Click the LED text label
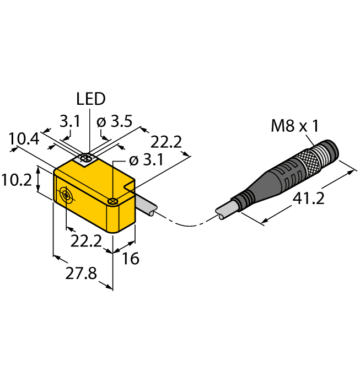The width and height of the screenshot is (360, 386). [x=90, y=99]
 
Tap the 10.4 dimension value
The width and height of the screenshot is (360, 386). [x=24, y=140]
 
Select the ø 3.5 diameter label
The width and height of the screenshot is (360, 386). [x=114, y=122]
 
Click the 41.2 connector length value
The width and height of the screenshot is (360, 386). [x=307, y=199]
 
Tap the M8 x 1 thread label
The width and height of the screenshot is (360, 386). [x=294, y=126]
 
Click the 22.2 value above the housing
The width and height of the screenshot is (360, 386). [x=166, y=142]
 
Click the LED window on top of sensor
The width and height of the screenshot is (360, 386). [x=86, y=159]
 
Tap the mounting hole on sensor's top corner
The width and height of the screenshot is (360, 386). [x=112, y=201]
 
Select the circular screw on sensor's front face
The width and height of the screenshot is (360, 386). [x=66, y=195]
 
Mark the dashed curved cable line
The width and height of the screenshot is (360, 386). [x=185, y=223]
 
